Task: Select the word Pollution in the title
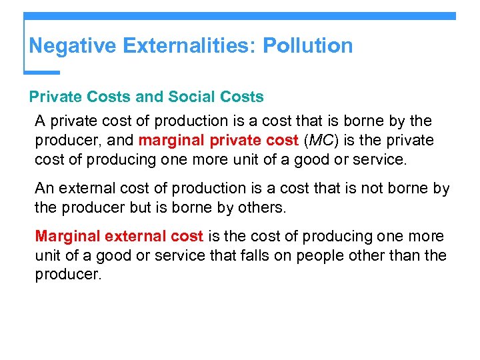pyautogui.click(x=307, y=46)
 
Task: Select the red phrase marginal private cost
pyautogui.click(x=217, y=141)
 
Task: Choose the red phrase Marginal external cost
pyautogui.click(x=119, y=237)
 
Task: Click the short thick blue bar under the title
pyautogui.click(x=42, y=72)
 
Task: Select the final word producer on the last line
pyautogui.click(x=67, y=274)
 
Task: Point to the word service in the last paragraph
pyautogui.click(x=227, y=255)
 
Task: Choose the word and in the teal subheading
pyautogui.click(x=149, y=97)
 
